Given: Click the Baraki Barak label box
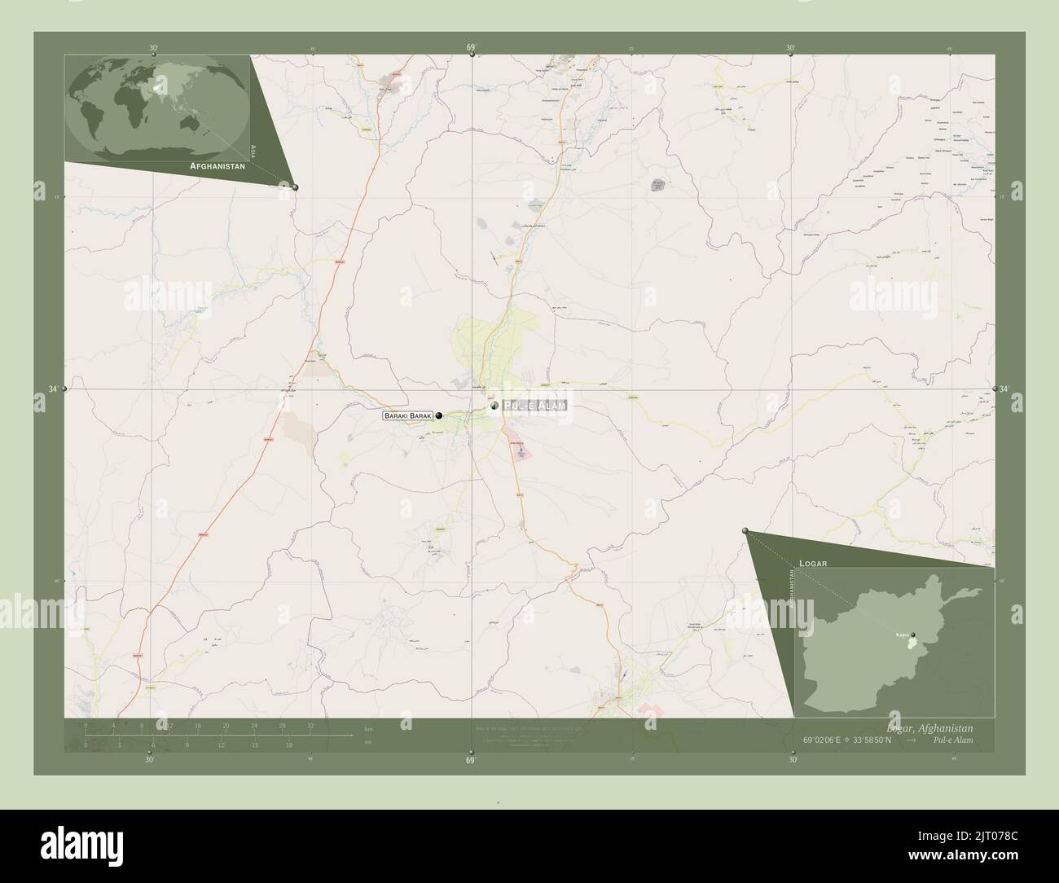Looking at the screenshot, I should pyautogui.click(x=407, y=416).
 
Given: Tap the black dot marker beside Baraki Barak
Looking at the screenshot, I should pyautogui.click(x=439, y=416).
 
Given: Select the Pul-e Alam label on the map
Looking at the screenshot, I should pyautogui.click(x=534, y=406).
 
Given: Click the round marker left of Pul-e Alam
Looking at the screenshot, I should pyautogui.click(x=494, y=405).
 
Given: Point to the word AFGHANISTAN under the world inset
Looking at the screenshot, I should pyautogui.click(x=218, y=165).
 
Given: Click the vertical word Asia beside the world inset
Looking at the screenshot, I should pyautogui.click(x=254, y=150).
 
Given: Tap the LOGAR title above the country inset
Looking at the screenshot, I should pyautogui.click(x=813, y=563).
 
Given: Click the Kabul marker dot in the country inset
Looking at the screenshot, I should pyautogui.click(x=913, y=635).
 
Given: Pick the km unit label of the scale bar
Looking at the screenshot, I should pyautogui.click(x=368, y=728).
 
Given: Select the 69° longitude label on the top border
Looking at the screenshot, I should pyautogui.click(x=471, y=48).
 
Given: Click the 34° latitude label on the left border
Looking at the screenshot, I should pyautogui.click(x=52, y=389).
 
